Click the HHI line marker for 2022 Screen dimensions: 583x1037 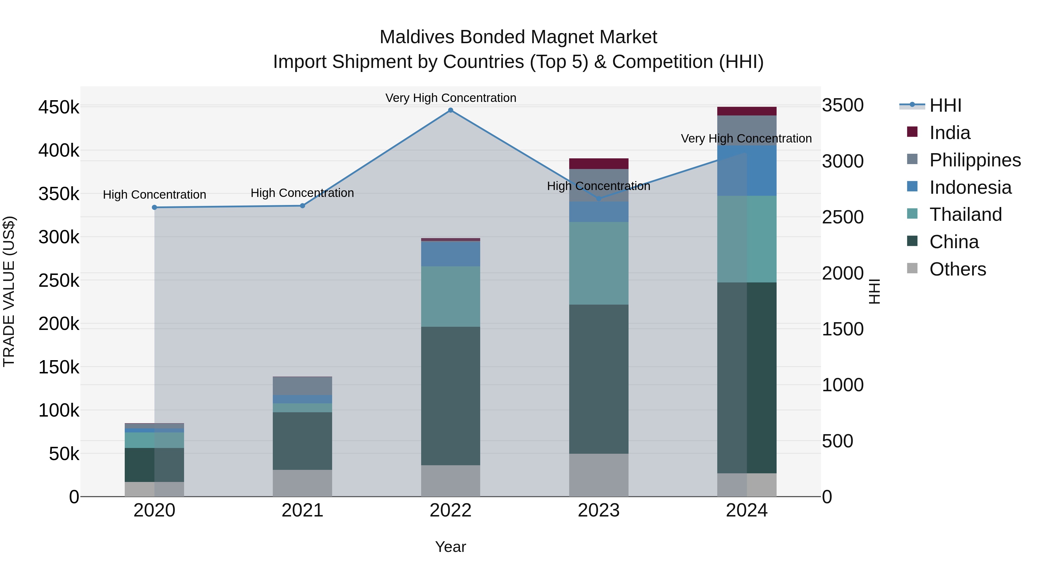coord(451,110)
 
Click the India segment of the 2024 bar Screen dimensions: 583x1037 coord(746,111)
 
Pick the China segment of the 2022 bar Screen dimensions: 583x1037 coord(451,396)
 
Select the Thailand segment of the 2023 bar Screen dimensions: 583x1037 coord(598,263)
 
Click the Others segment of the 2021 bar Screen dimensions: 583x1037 coord(302,483)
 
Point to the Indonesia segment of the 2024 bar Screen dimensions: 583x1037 coord(746,171)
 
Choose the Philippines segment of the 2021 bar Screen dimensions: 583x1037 coord(302,386)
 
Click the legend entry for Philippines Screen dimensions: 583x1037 coord(974,160)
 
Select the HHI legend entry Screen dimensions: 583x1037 coord(945,105)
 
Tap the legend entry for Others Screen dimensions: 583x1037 coord(957,269)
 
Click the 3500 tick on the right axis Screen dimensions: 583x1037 coord(843,105)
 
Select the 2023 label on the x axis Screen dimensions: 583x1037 coord(598,510)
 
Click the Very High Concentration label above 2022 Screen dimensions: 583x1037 coord(451,98)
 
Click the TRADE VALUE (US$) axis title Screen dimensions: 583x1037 coord(9,291)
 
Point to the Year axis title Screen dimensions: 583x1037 coord(451,547)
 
